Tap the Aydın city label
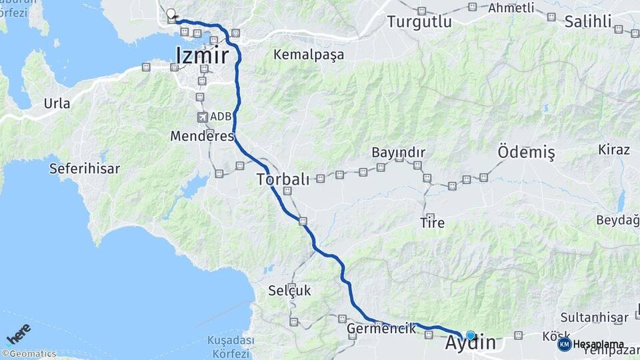coord(471,343)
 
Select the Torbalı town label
coord(283,179)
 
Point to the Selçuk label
coord(289,291)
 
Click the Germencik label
coord(381,329)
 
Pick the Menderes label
coord(202,136)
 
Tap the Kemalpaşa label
coord(309,55)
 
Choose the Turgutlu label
coord(419,22)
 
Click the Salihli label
coord(588,22)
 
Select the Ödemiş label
coord(526,153)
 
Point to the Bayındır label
coord(398,153)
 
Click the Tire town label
coord(432,223)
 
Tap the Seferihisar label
coord(85,169)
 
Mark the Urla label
coord(57,103)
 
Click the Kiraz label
coord(614,149)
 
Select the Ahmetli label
coord(511,8)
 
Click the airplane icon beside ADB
coord(202,117)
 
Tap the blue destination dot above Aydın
coord(471,335)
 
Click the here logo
coord(18,333)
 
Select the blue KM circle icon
coord(565,344)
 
